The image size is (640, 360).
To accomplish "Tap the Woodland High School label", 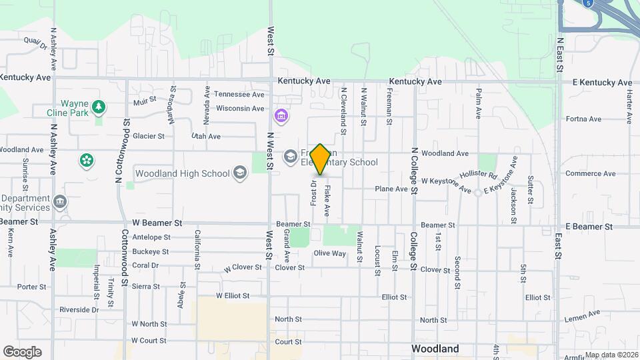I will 182,174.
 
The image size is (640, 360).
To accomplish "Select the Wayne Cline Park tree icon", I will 99,107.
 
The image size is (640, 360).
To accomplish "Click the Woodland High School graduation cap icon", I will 239,174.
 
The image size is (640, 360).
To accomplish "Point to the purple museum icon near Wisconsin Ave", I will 281,117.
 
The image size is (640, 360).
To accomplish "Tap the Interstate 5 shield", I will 587,3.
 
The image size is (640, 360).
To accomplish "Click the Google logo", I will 21,351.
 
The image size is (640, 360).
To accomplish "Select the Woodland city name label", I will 435,349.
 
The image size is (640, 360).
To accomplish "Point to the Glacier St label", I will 149,136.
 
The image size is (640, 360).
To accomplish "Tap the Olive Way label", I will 330,253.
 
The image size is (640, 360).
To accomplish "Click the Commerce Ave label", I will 587,173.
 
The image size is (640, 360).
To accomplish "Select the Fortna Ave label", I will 583,119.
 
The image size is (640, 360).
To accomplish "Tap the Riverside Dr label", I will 79,310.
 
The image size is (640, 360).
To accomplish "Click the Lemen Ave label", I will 581,319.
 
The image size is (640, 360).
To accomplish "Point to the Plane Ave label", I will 391,189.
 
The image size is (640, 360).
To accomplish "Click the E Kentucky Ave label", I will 602,83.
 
